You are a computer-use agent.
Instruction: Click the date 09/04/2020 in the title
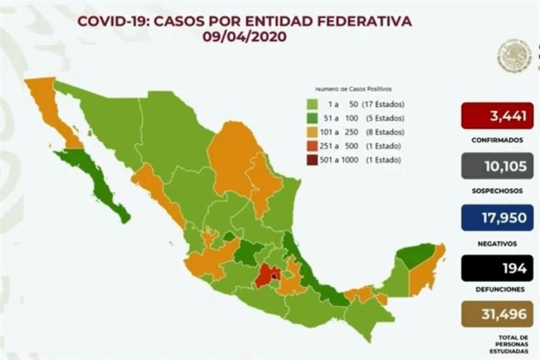245,37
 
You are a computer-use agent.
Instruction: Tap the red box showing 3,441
497,116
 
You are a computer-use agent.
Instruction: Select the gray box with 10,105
497,167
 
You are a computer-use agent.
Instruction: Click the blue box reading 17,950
497,218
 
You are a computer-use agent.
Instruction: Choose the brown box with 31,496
497,314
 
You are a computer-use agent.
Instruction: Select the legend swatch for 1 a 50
313,105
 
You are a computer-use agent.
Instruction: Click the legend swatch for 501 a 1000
313,160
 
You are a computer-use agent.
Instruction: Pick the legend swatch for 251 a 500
313,146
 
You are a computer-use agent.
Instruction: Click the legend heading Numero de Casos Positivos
353,89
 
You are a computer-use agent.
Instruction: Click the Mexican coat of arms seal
514,56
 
